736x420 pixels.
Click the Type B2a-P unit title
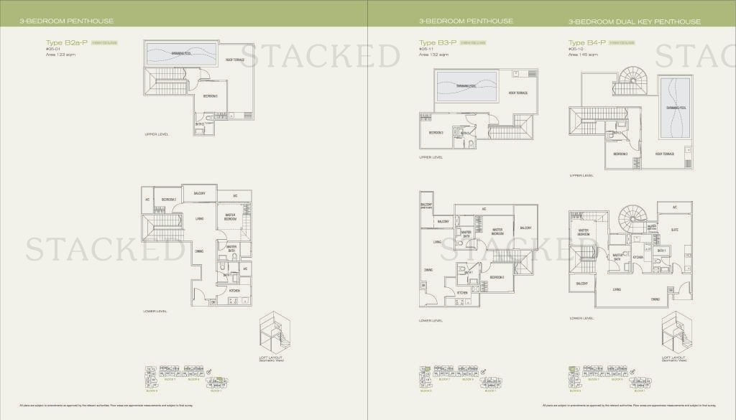(66, 42)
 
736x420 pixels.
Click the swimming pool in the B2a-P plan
(180, 54)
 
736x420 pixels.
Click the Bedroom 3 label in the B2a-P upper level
(210, 95)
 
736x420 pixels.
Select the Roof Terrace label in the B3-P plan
(518, 93)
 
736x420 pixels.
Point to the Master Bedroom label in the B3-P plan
(497, 231)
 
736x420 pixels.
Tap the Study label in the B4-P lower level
(675, 230)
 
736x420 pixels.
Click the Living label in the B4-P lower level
(617, 290)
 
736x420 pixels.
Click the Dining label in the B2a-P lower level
(198, 251)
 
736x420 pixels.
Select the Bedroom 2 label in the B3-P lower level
(497, 277)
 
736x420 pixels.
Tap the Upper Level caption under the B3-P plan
(431, 157)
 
